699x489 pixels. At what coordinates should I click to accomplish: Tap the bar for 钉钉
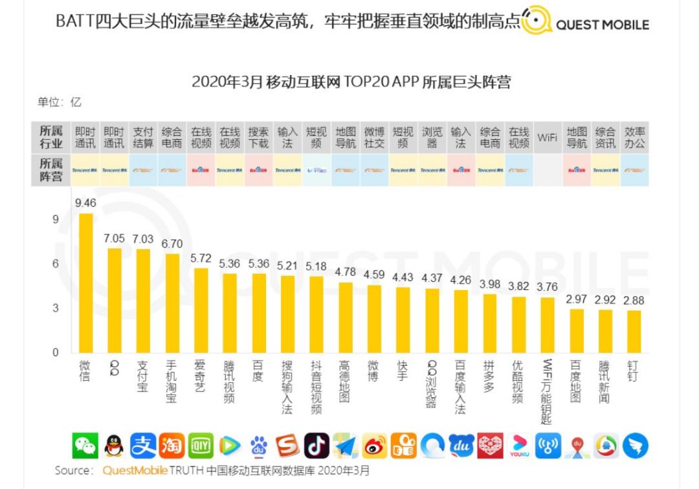(634, 331)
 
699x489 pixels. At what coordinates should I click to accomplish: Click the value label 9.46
(85, 203)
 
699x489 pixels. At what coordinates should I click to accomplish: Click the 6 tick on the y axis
(55, 264)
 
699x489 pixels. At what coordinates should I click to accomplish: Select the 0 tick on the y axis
(55, 353)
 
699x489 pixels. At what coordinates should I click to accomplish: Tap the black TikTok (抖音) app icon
(316, 446)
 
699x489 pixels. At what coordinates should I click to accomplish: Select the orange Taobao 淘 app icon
(172, 446)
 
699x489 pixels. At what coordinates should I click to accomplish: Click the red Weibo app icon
(375, 446)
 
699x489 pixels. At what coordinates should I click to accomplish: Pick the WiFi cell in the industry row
(547, 137)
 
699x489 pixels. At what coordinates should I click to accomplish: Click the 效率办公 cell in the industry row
(634, 137)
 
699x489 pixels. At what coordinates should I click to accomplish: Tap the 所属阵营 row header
(51, 170)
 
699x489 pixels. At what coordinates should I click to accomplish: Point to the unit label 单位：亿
(60, 102)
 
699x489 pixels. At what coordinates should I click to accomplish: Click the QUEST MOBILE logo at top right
(586, 23)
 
